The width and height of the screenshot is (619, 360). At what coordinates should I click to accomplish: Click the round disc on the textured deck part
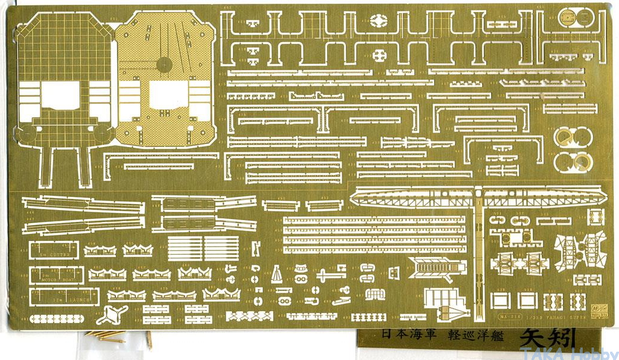coord(164,64)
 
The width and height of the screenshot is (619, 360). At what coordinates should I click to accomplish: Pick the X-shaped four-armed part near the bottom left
coord(113,313)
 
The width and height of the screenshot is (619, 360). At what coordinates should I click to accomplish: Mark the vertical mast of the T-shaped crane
coord(479,256)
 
